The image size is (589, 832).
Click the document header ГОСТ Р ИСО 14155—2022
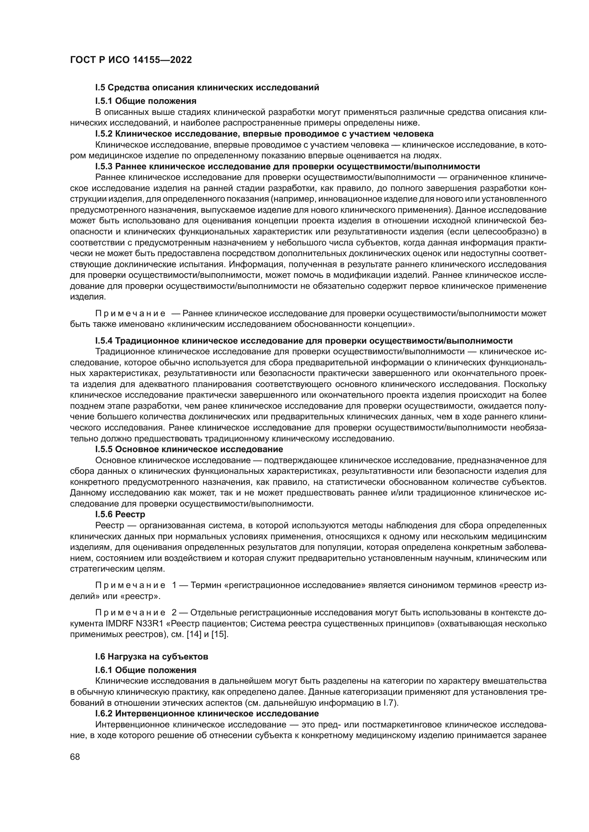coord(131,60)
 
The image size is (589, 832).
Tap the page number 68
coord(75,756)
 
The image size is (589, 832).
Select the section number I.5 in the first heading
coord(100,88)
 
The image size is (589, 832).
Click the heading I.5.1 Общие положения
coord(145,101)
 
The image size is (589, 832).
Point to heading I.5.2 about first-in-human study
coord(264,134)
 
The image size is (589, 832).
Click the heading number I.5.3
coord(104,166)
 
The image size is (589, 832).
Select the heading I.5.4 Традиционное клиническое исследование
coord(303,341)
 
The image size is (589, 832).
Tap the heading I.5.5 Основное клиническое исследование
coord(189,449)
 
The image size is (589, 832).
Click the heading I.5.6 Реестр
coord(120,514)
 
